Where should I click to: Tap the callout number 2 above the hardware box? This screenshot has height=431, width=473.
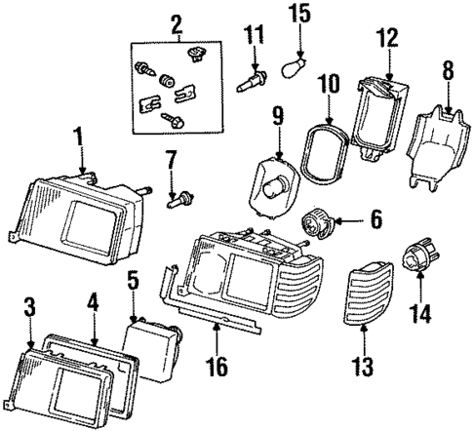pyautogui.click(x=176, y=21)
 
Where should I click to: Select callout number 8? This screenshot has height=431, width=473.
pyautogui.click(x=448, y=71)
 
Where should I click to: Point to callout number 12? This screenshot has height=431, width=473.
pyautogui.click(x=388, y=39)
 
